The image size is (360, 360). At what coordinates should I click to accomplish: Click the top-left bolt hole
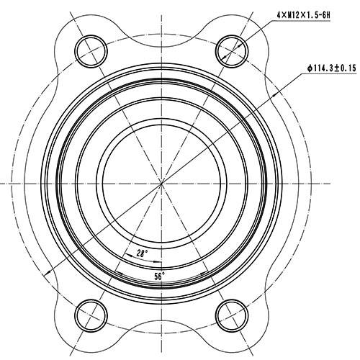(x=92, y=48)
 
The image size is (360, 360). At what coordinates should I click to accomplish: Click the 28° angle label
(x=141, y=253)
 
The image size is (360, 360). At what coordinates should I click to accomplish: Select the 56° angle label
(x=159, y=275)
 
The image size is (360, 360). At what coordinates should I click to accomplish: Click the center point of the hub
(x=162, y=183)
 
